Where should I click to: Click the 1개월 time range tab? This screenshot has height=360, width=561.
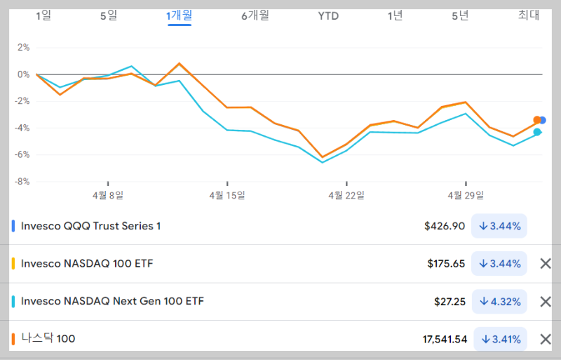pos(180,15)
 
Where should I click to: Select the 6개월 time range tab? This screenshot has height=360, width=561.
pos(255,15)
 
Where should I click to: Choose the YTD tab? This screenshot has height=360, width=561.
pos(328,15)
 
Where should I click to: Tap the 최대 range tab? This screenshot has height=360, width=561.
pos(529,15)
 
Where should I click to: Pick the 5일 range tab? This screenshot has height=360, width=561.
pos(109,15)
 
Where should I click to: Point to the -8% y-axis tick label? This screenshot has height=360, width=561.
pos(23,181)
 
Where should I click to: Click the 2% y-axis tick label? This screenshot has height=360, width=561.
pos(23,48)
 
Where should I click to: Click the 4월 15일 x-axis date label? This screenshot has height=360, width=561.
pos(227,195)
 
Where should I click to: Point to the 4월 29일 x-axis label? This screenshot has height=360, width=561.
pos(466,195)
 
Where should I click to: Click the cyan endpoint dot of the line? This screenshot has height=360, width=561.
pos(537,132)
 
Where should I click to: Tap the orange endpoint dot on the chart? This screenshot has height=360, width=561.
pos(537,120)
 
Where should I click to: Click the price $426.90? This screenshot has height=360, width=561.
pos(445,226)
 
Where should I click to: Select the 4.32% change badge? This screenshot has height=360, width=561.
pos(500,301)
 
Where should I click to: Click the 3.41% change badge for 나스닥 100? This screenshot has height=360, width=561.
pos(501,339)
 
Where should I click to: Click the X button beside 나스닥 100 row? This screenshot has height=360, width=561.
pos(545,339)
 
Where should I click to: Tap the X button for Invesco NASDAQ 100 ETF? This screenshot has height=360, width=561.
pos(545,264)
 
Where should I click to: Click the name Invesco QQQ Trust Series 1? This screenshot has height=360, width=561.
pos(91,226)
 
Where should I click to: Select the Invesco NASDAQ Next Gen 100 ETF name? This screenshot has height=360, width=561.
pos(113,301)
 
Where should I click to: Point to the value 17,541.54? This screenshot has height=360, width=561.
pos(445,339)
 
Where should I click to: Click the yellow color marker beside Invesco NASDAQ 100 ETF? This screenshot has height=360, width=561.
pos(13,264)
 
